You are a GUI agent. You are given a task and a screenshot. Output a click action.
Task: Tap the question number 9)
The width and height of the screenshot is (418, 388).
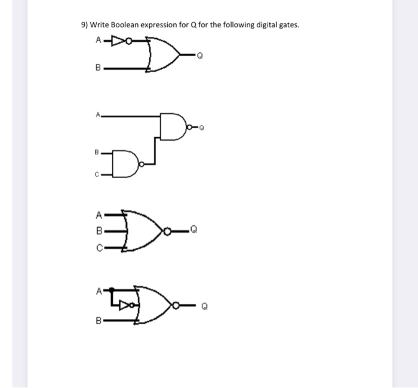pyautogui.click(x=84, y=25)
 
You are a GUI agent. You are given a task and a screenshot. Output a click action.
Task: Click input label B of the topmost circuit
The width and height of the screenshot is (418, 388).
pyautogui.click(x=98, y=69)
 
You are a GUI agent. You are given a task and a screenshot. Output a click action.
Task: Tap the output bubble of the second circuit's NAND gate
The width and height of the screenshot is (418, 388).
pyautogui.click(x=189, y=127)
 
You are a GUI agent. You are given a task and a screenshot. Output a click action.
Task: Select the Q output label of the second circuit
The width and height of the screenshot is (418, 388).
pyautogui.click(x=201, y=127)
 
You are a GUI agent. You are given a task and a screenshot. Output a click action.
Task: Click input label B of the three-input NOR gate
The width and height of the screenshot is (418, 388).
pyautogui.click(x=99, y=229)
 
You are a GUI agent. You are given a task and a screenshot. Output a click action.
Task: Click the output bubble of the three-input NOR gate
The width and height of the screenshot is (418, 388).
pyautogui.click(x=170, y=230)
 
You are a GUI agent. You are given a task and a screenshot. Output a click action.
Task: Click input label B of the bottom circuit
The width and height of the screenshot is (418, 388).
pyautogui.click(x=99, y=321)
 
